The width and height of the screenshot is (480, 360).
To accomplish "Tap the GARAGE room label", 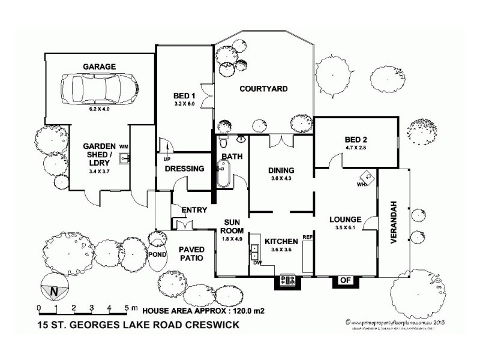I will (x=100, y=67).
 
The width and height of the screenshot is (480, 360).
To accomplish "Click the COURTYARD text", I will (x=263, y=89).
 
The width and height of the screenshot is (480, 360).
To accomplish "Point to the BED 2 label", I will (x=356, y=137).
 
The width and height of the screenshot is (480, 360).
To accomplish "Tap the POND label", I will (x=158, y=254).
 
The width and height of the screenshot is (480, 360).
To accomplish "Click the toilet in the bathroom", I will (x=223, y=142).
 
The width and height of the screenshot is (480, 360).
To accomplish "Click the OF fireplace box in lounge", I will (x=346, y=280).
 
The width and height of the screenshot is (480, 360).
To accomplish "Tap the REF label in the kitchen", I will (x=308, y=238).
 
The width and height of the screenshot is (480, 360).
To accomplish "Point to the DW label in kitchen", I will (x=257, y=263).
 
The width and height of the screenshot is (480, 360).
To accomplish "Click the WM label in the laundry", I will (x=124, y=146).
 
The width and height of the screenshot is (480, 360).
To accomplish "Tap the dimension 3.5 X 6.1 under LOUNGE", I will (x=344, y=228).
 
